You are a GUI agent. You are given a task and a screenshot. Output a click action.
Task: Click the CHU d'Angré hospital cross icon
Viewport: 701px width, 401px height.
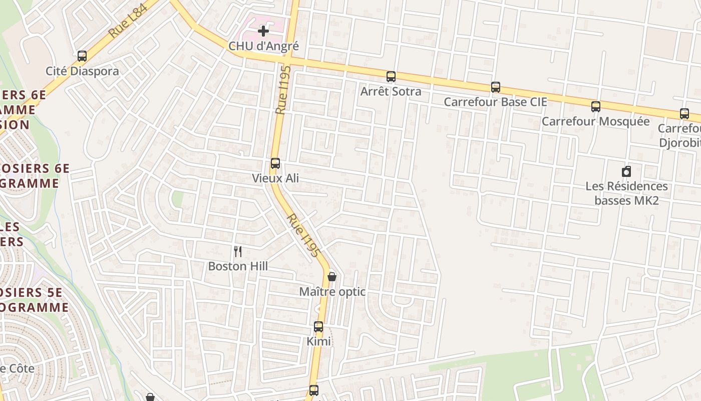pyautogui.click(x=263, y=32)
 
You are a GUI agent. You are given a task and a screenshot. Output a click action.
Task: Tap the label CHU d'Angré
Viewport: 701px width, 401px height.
pyautogui.click(x=263, y=46)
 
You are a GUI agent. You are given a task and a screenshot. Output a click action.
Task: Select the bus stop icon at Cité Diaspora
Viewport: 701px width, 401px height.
pyautogui.click(x=82, y=56)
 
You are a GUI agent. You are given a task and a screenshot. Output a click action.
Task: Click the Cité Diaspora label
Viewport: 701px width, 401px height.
pyautogui.click(x=82, y=71)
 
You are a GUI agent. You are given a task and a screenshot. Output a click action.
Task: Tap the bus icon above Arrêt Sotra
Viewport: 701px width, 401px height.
pyautogui.click(x=391, y=77)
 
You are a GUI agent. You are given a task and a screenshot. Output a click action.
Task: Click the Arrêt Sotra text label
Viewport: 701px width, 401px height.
pyautogui.click(x=391, y=92)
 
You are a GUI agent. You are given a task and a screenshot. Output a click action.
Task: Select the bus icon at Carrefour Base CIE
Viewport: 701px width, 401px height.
pyautogui.click(x=496, y=87)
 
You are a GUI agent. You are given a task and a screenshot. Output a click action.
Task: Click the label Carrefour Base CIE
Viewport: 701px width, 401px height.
pyautogui.click(x=495, y=102)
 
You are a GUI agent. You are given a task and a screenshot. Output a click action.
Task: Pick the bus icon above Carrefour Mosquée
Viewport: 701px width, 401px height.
pyautogui.click(x=596, y=106)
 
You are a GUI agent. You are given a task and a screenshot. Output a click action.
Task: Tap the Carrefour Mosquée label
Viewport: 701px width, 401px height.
pyautogui.click(x=595, y=121)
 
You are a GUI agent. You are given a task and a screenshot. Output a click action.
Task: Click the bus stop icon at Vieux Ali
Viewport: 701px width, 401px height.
pyautogui.click(x=275, y=163)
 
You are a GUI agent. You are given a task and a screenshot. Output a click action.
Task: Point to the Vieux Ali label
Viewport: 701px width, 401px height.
pyautogui.click(x=275, y=178)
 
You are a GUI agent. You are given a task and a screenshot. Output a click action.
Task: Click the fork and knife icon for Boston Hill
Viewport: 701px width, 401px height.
pyautogui.click(x=238, y=252)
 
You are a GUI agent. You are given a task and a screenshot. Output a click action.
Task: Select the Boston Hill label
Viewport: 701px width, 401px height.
pyautogui.click(x=238, y=266)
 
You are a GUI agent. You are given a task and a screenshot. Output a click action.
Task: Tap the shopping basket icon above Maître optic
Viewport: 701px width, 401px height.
pyautogui.click(x=331, y=277)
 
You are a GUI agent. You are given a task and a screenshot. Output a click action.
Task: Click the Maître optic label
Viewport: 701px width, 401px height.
pyautogui.click(x=332, y=292)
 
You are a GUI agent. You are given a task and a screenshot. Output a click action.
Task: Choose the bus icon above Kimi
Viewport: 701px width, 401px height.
pyautogui.click(x=318, y=327)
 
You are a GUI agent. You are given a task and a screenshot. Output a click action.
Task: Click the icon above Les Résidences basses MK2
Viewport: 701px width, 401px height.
pyautogui.click(x=626, y=172)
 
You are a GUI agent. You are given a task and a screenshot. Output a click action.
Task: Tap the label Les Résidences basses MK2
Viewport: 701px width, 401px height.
pyautogui.click(x=626, y=193)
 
